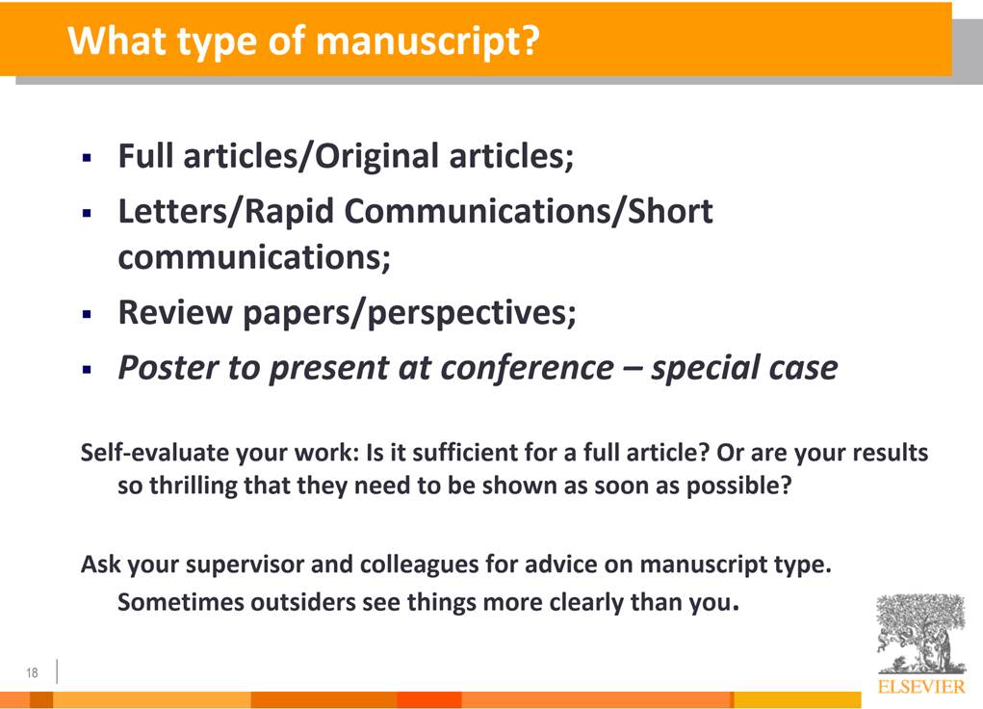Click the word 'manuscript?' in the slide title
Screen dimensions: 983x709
point(427,42)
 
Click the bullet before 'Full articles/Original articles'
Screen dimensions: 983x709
point(88,157)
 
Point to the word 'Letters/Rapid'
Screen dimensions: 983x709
point(225,211)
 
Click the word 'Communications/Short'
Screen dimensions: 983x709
point(529,210)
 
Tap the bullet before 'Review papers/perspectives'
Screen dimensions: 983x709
point(88,314)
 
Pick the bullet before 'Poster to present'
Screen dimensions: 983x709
point(88,370)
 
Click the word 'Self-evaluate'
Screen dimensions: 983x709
point(154,452)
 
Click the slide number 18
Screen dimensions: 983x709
point(32,672)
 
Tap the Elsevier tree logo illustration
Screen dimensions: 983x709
point(920,634)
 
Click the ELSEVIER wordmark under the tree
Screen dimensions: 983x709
point(921,686)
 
